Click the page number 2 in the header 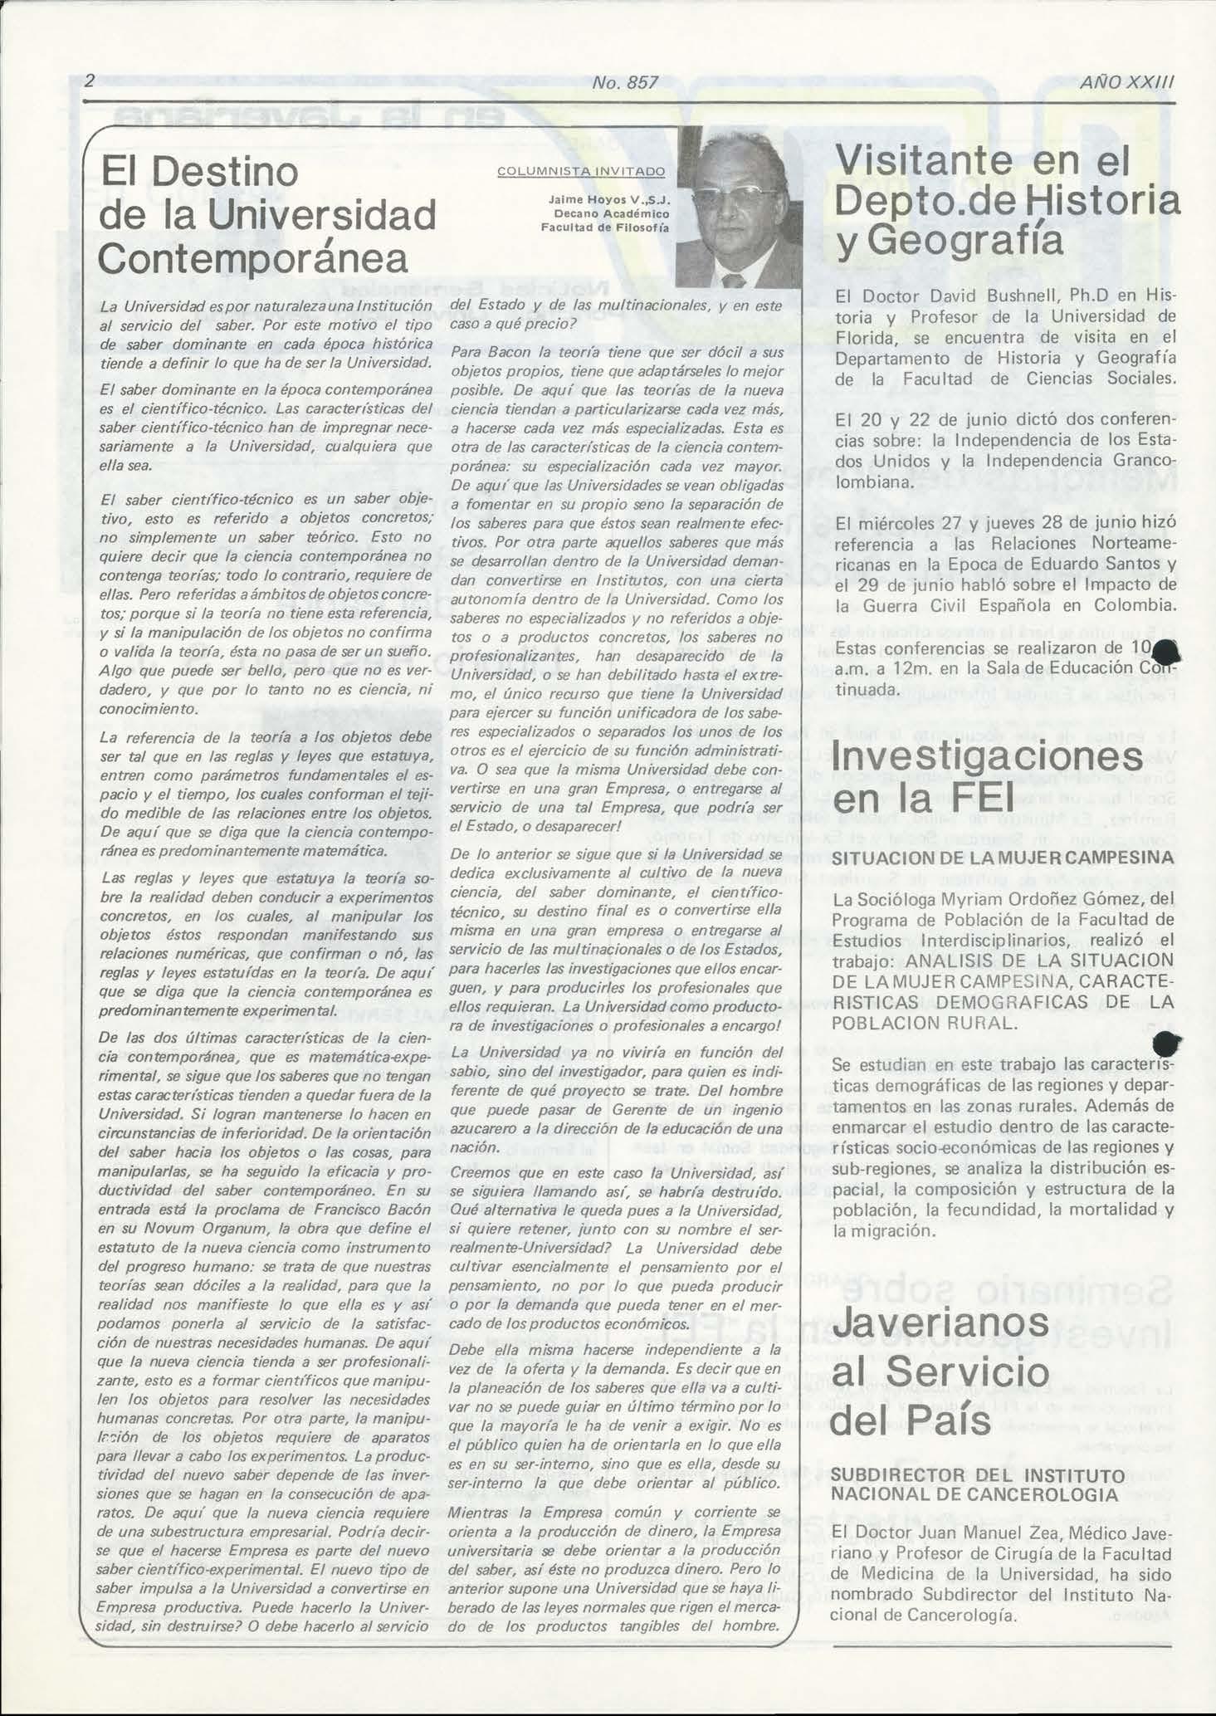click(x=90, y=81)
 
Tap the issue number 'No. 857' click(x=625, y=82)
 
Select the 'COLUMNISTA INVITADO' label click(x=581, y=171)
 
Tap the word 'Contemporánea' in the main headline click(x=253, y=257)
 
